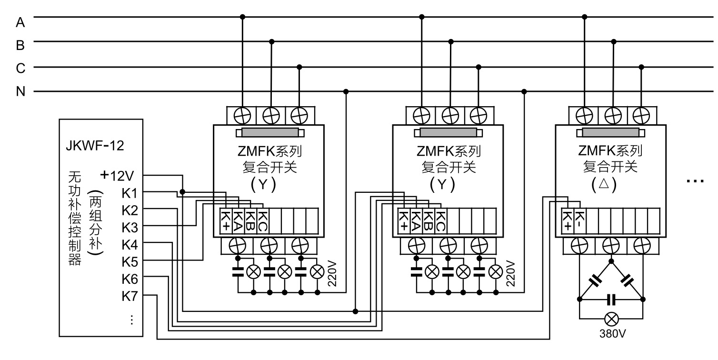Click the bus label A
(20, 21)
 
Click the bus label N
(20, 91)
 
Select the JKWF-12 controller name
(95, 146)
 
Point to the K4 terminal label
(130, 244)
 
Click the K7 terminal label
(130, 296)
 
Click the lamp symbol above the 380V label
(611, 319)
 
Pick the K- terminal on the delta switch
(579, 219)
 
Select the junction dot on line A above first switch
(242, 17)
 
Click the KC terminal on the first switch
(262, 220)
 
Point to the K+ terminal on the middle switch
(404, 220)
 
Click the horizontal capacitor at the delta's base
(611, 300)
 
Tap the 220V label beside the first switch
(331, 273)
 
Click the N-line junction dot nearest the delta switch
(524, 91)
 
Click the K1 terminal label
(130, 193)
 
